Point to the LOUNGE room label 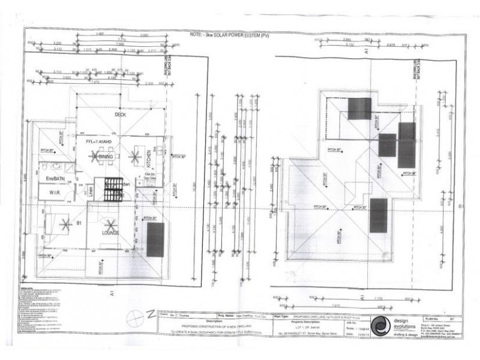pyautogui.click(x=110, y=233)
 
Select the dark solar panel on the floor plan pyautogui.click(x=155, y=240)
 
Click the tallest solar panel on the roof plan pyautogui.click(x=407, y=145)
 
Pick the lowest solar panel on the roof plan pyautogui.click(x=378, y=215)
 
